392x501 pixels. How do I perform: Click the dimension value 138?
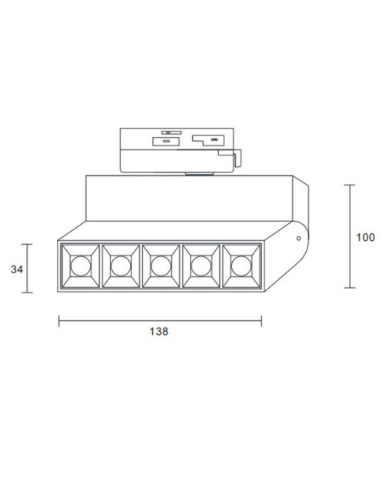160,332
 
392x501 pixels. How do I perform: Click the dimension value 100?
365,237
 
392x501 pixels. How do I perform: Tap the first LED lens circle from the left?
78,267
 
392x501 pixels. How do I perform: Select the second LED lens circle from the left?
119,267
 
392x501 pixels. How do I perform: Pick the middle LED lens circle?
160,267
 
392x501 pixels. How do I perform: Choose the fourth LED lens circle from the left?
201,267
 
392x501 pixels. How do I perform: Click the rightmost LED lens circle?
241,267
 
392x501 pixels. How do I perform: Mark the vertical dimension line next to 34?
30,269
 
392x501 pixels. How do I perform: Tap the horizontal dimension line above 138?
160,320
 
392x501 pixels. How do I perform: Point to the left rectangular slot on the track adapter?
164,142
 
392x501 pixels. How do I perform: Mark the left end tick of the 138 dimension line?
59,320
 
